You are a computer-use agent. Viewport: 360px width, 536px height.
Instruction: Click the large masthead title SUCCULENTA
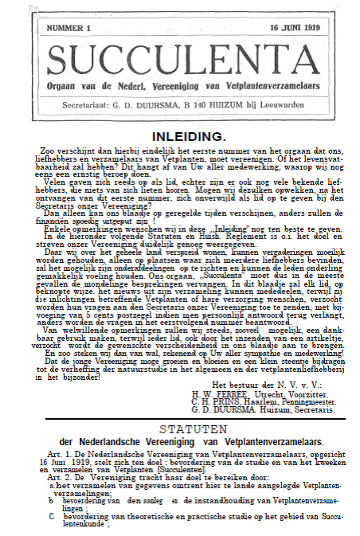179,59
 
